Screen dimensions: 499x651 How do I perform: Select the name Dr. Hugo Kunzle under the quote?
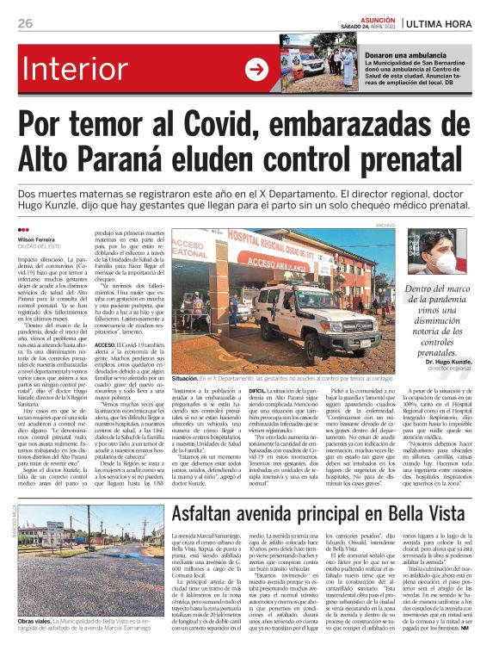(x=453, y=362)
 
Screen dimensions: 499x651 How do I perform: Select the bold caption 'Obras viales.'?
(x=36, y=618)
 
